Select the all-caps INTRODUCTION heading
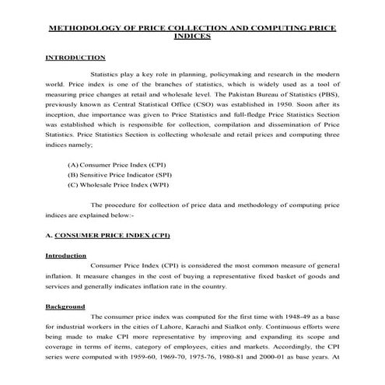75,58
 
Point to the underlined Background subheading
66,307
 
